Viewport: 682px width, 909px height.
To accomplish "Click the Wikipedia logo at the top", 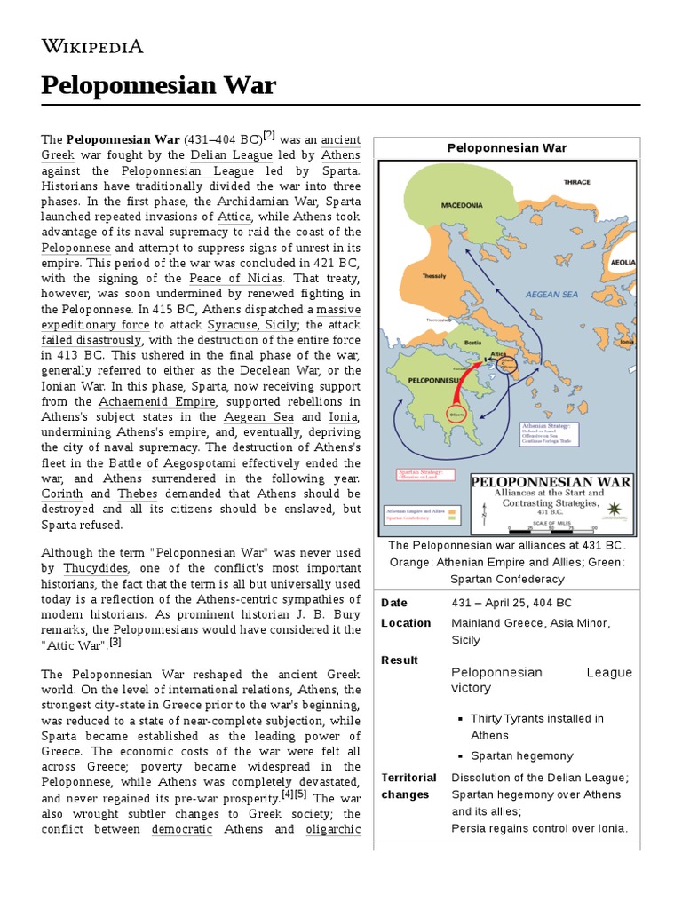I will [92, 46].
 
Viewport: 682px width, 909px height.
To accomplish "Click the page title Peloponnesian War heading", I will [159, 86].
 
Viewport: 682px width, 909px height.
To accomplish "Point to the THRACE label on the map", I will [576, 183].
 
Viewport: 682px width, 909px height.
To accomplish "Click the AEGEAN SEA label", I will [551, 294].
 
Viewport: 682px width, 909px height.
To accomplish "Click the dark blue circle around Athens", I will [508, 364].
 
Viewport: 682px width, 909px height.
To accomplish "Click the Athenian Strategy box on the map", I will [549, 433].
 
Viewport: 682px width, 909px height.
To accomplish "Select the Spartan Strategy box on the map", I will [421, 476].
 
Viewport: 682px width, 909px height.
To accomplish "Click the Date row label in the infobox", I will [393, 603].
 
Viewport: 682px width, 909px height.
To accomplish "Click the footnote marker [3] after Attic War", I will [115, 642].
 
